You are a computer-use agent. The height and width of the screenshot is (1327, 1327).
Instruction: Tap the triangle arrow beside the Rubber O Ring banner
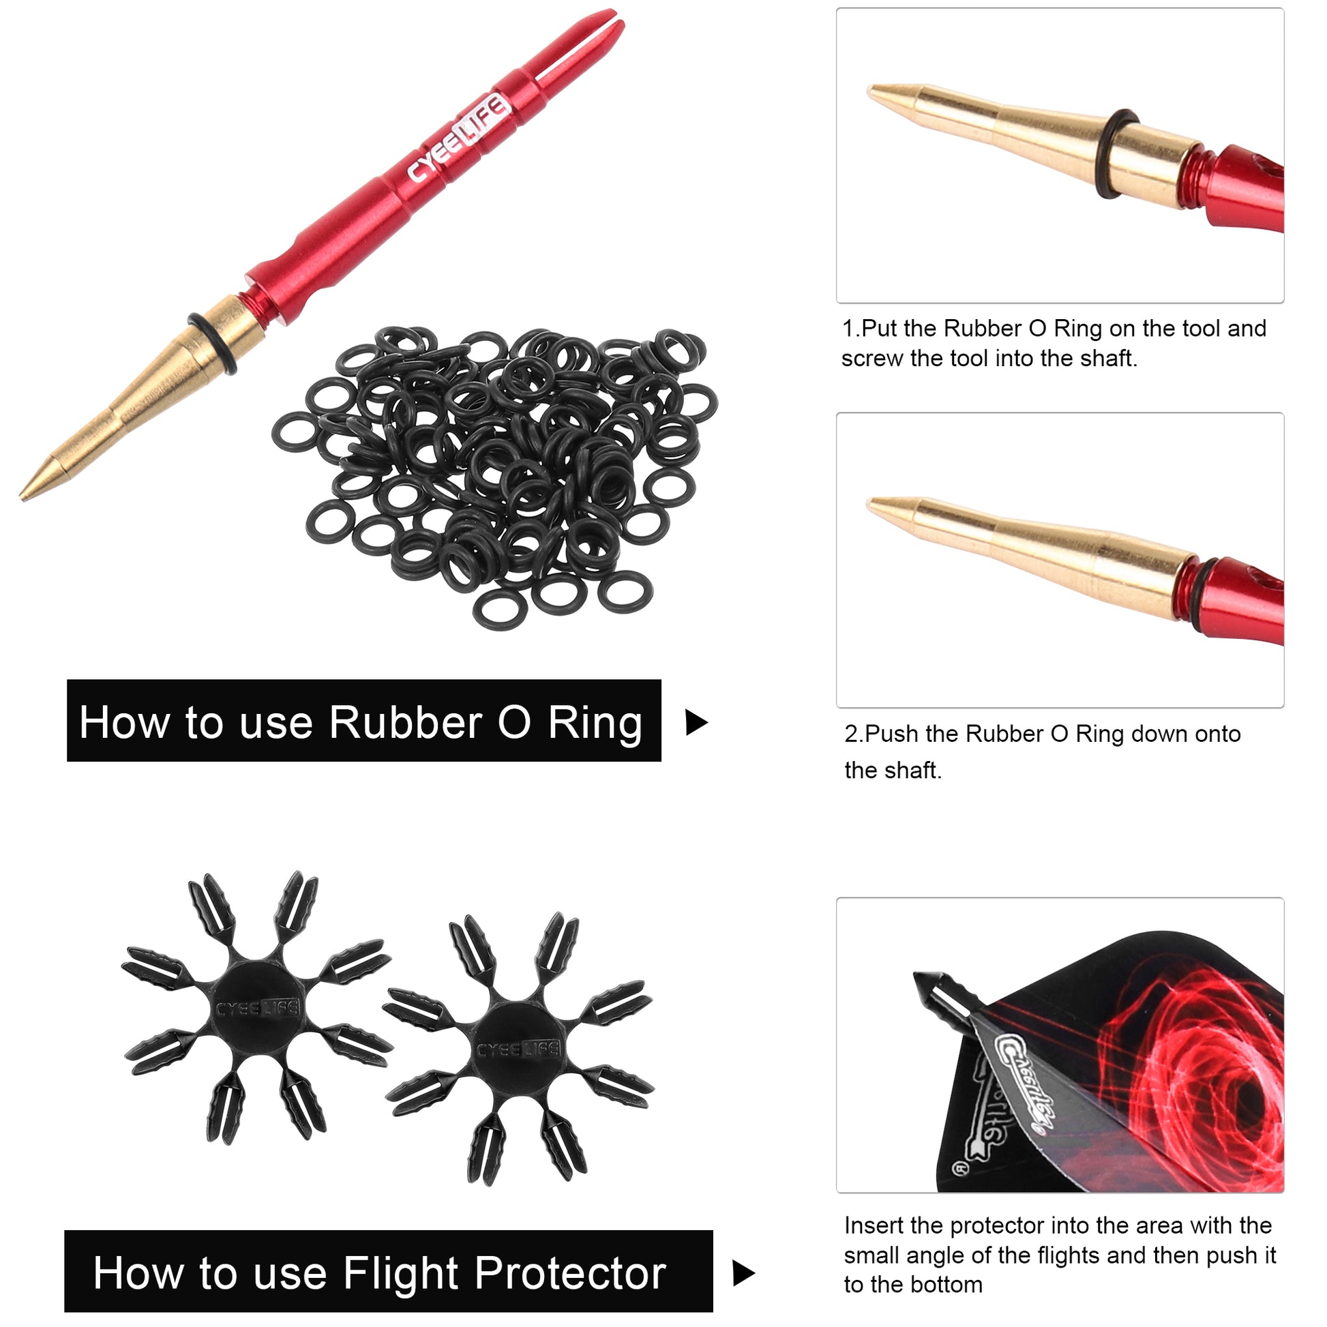coord(696,723)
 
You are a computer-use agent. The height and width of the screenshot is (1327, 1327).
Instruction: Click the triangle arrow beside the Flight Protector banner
coord(745,1272)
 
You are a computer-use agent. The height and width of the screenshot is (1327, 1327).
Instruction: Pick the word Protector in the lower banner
coord(570,1273)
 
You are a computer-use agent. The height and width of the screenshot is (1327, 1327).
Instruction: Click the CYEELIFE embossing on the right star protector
coord(518,1050)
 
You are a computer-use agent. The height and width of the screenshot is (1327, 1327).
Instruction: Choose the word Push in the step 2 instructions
coord(892,734)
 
